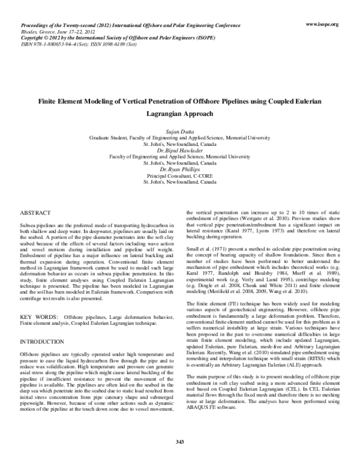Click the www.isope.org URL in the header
[322, 24]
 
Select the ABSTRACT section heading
[36, 213]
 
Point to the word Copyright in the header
[33, 37]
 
